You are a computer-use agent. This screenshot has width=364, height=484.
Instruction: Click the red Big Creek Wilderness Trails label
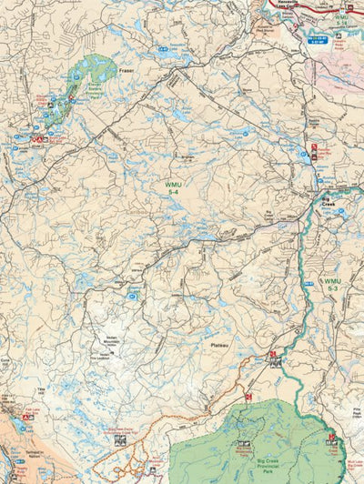point(243,449)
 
